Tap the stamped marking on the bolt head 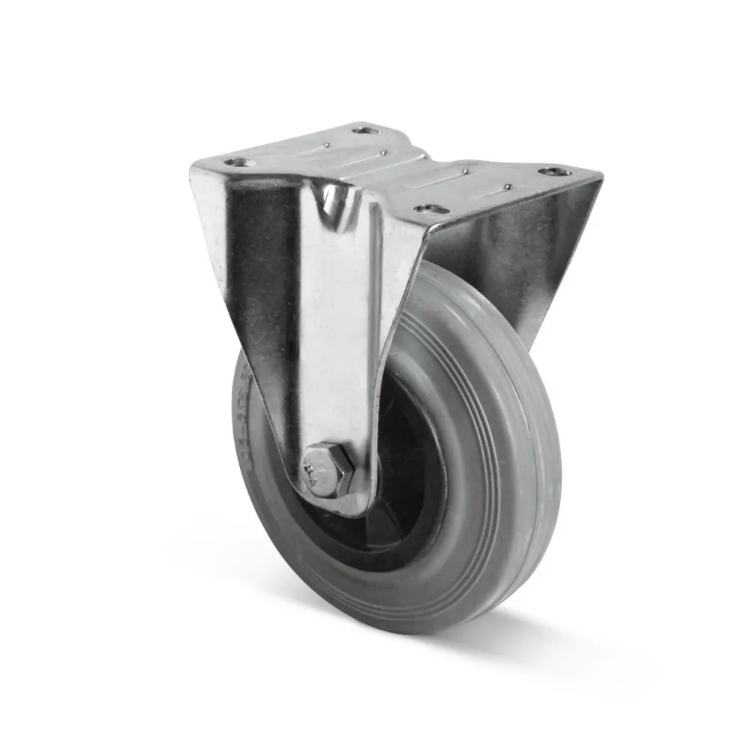pyautogui.click(x=313, y=471)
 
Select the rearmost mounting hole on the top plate pyautogui.click(x=364, y=131)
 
